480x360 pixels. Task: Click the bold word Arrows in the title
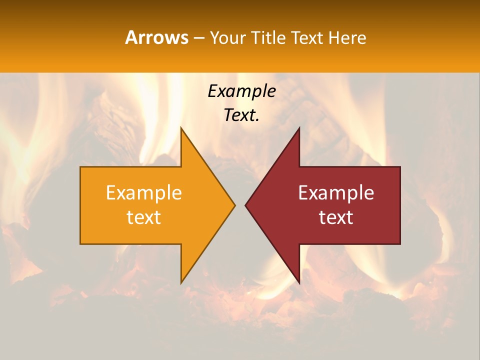click(156, 37)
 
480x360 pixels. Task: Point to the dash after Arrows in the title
click(198, 38)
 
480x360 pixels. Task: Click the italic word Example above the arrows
click(241, 91)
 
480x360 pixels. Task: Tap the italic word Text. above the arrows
click(241, 115)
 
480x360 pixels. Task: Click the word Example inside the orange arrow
click(144, 193)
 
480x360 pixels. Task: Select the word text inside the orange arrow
click(144, 217)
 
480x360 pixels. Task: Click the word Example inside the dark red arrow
click(336, 193)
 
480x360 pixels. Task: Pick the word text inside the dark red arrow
click(336, 217)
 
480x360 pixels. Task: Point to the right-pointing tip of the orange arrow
click(235, 205)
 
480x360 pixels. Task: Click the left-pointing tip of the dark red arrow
click(245, 205)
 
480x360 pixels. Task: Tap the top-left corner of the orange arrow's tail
click(80, 167)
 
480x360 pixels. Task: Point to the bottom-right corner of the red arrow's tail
click(400, 244)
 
